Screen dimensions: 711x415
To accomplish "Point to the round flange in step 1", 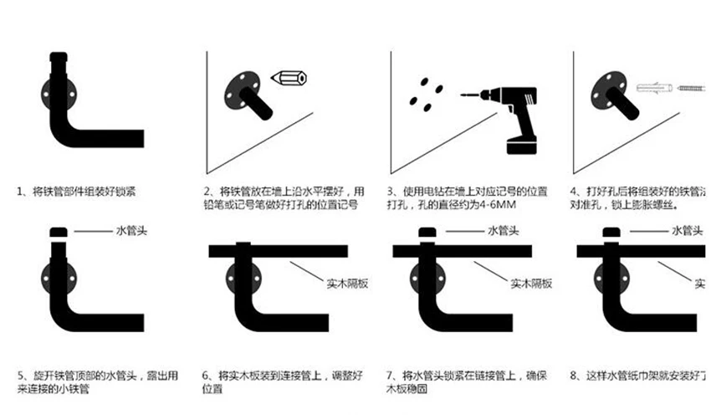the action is (x=52, y=94).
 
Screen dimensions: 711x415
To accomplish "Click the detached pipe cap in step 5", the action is (x=59, y=231).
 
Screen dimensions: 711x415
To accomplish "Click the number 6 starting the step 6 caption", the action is (x=206, y=374).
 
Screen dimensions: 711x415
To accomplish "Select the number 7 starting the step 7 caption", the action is (x=391, y=374).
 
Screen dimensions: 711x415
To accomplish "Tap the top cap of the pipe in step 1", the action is (x=59, y=59).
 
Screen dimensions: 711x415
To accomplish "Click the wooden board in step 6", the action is (x=276, y=252).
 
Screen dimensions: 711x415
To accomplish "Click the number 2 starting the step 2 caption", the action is (x=206, y=191).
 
